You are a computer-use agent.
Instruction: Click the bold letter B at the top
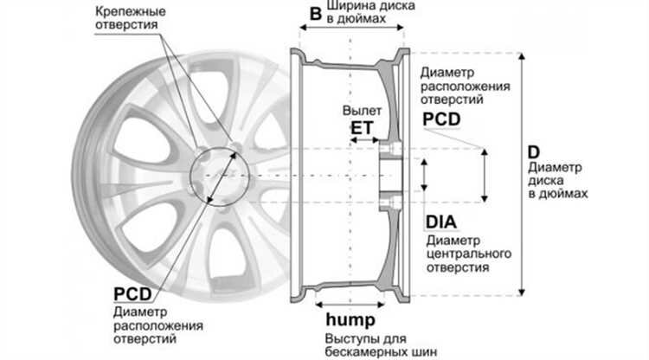coord(316,13)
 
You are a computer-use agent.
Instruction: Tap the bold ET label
coord(361,128)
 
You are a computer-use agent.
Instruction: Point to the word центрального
coord(467,254)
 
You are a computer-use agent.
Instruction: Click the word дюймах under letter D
coord(568,194)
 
